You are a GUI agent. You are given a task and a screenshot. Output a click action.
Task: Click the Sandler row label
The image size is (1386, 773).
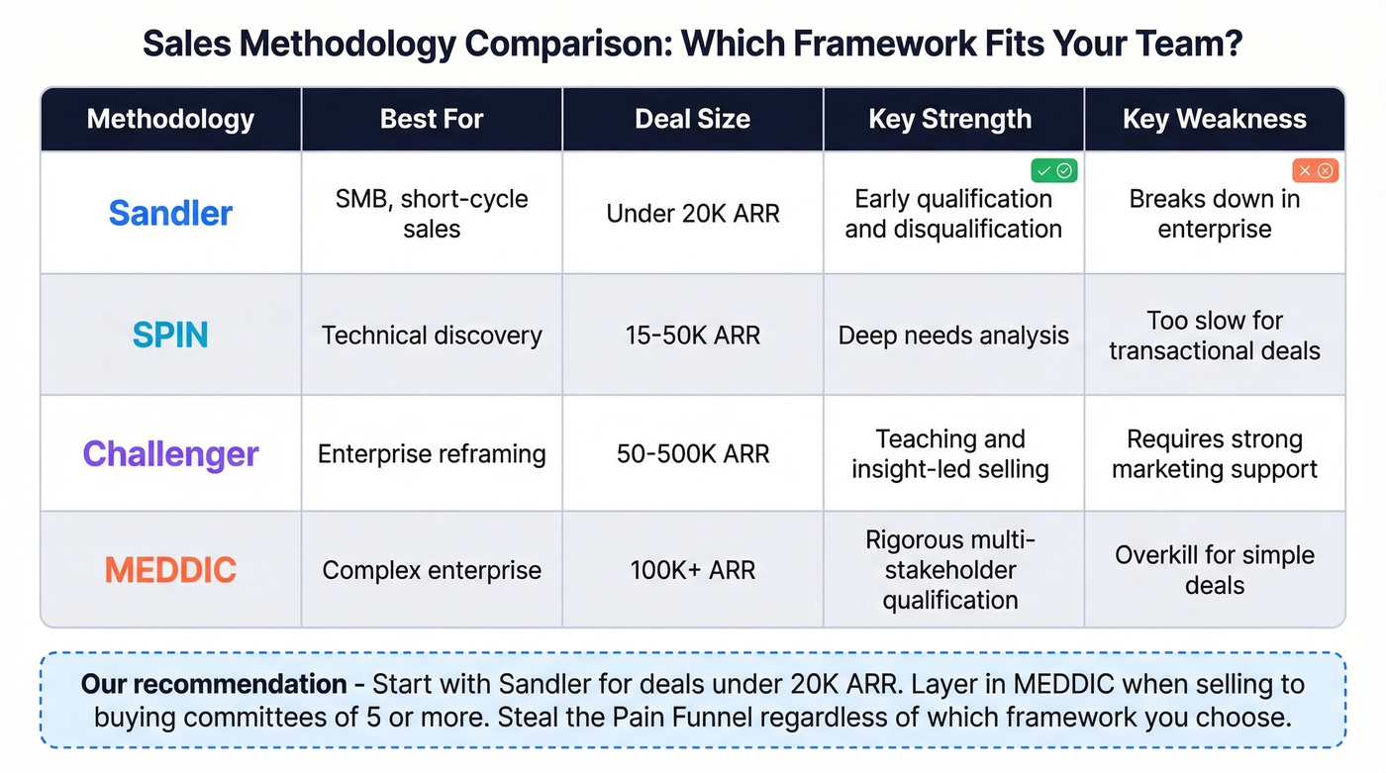coord(170,213)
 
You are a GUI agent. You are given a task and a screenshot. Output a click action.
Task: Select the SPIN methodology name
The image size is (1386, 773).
coord(170,335)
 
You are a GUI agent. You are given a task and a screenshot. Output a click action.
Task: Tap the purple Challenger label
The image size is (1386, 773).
coord(170,453)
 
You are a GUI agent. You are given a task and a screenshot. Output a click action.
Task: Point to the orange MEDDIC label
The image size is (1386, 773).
coord(170,570)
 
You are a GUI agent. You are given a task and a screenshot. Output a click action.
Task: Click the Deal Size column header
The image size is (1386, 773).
coord(692,119)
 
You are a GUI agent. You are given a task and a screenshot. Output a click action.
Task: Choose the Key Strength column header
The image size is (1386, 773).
coord(949,119)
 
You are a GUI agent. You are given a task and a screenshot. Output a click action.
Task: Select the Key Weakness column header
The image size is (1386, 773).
coord(1214,119)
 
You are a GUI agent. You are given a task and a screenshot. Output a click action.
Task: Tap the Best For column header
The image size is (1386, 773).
coord(432,119)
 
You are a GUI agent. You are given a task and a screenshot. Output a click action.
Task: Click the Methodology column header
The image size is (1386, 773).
coord(170,119)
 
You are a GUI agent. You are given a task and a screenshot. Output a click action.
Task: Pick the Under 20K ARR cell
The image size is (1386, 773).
coord(692,213)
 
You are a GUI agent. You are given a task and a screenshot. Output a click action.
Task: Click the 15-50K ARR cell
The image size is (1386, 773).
coord(692,335)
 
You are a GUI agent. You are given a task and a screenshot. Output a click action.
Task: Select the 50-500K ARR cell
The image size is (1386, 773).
coord(692,453)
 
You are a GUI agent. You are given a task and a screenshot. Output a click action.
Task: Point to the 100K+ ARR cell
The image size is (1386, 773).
coord(692,570)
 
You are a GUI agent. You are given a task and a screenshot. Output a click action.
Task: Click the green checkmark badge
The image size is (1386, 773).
coord(1053,170)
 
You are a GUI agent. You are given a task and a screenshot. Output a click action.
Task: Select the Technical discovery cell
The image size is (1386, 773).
coord(432,335)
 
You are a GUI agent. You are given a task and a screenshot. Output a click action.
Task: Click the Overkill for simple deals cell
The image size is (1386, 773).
coord(1214,570)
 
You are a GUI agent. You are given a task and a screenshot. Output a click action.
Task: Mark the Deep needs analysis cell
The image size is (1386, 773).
coord(952,335)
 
